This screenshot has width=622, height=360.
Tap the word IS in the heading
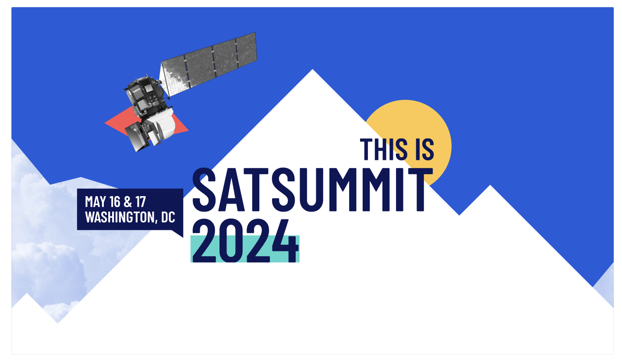pyautogui.click(x=423, y=149)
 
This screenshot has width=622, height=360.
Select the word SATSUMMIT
pyautogui.click(x=309, y=190)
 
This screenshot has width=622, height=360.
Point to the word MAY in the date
pyautogui.click(x=96, y=202)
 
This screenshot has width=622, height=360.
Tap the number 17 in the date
pyautogui.click(x=140, y=202)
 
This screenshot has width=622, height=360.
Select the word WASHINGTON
pyautogui.click(x=119, y=217)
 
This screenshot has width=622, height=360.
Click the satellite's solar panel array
pyautogui.click(x=209, y=64)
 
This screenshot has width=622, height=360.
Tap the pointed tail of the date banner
pyautogui.click(x=179, y=233)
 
